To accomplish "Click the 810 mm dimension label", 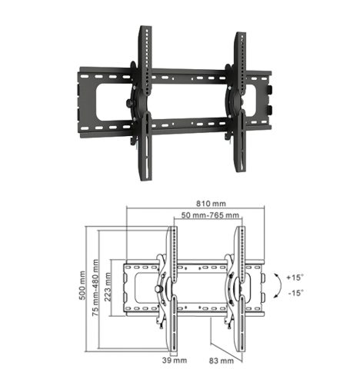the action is pos(211,204).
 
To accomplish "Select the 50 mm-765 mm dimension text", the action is pos(210,215).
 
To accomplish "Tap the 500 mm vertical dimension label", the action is pos(82,285).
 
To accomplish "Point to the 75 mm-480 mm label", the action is pos(95,287).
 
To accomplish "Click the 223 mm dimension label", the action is pos(108,287).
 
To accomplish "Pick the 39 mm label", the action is pos(175,360).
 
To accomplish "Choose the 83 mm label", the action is pos(222,360).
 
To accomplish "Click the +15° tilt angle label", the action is pos(295,277).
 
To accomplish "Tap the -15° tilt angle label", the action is pos(296,293).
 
